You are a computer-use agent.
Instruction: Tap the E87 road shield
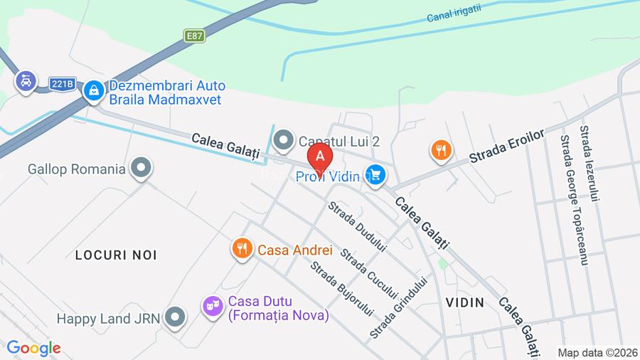point(194,36)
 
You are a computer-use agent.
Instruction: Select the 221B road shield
point(63,84)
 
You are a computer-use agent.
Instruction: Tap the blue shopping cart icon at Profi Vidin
point(375,175)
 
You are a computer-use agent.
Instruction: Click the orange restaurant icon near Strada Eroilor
point(441,150)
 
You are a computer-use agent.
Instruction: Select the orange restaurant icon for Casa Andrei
point(242,250)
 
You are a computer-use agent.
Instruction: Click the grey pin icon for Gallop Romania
point(142,169)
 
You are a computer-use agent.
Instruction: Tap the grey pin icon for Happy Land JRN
point(174,318)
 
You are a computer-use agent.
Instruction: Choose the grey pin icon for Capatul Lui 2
point(284,141)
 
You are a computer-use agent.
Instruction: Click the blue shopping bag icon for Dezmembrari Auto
point(93,90)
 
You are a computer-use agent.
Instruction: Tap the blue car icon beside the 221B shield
point(26,82)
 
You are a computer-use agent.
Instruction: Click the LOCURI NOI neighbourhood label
point(116,255)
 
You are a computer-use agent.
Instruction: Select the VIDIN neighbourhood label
point(465,302)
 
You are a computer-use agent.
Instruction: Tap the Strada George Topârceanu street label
point(574,200)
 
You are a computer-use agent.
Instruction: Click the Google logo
point(33,349)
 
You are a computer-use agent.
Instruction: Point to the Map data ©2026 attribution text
point(596,352)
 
